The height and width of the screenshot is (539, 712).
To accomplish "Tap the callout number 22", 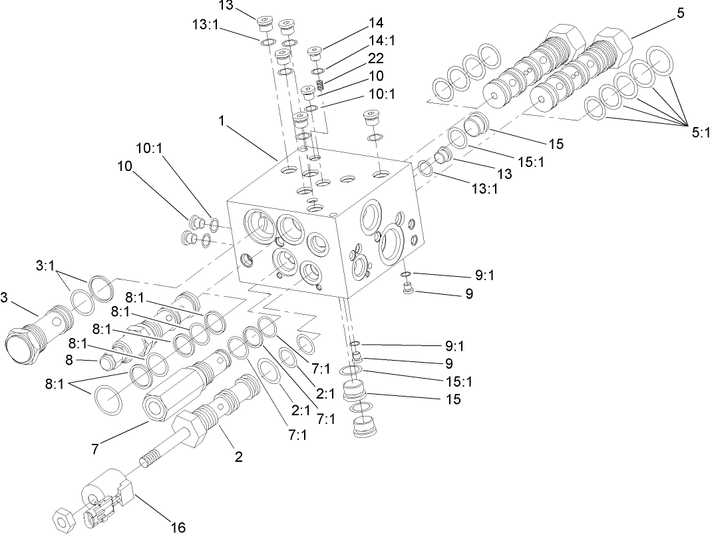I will (375, 58).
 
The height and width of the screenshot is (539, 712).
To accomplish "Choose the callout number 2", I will (238, 456).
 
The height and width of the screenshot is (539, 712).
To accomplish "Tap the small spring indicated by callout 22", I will (320, 85).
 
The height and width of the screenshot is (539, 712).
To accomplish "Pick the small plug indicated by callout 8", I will (108, 363).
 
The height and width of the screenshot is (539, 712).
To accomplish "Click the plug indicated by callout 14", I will (315, 52).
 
